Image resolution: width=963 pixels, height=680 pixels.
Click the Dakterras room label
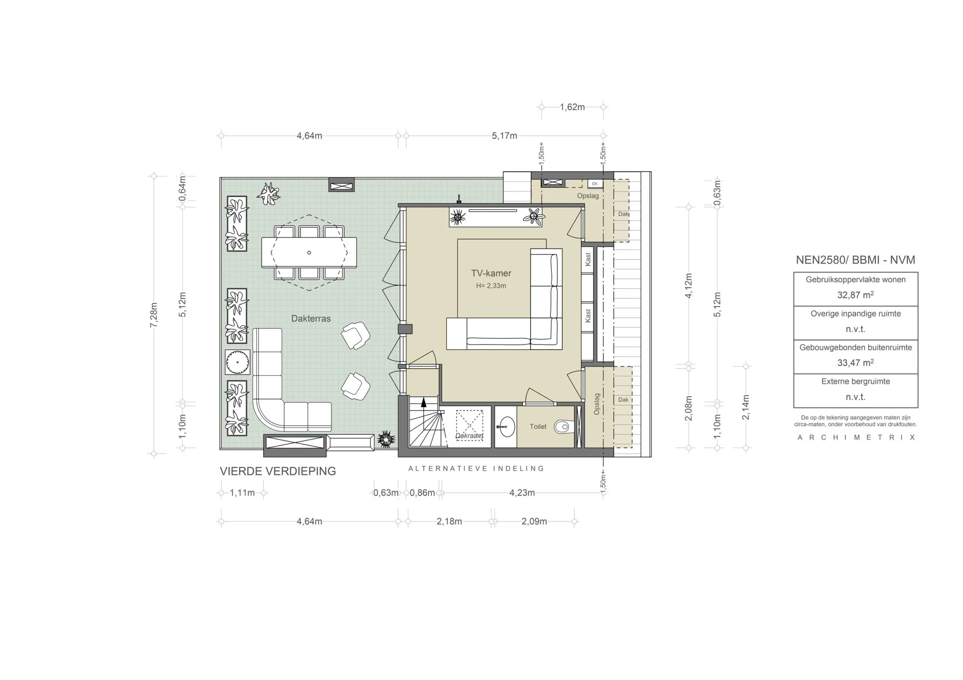point(311,318)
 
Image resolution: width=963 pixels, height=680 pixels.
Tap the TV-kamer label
point(491,273)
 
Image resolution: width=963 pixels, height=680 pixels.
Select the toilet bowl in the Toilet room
point(562,427)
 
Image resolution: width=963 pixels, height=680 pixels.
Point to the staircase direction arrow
point(423,403)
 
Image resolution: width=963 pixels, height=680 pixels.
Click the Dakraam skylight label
point(469,436)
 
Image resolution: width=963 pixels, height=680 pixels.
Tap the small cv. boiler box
point(595,183)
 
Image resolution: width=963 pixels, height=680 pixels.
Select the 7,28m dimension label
point(154,315)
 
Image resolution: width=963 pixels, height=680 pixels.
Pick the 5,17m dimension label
point(504,136)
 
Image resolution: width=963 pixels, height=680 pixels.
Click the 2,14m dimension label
point(745,407)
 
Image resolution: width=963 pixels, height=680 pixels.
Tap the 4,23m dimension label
point(522,492)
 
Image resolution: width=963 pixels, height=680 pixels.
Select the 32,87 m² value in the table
point(855,295)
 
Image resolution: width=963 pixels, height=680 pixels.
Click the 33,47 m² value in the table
point(855,363)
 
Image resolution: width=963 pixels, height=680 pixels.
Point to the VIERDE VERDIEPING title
point(278,471)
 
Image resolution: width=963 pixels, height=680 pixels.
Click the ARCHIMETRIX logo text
point(856,437)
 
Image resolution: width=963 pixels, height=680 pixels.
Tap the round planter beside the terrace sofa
point(237,362)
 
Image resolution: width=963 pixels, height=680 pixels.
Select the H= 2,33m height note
point(491,286)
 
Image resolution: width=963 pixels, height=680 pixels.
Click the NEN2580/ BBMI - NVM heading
point(855,260)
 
